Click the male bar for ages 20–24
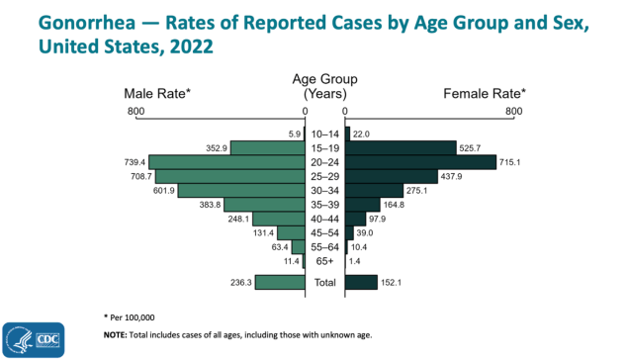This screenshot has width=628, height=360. tap(227, 162)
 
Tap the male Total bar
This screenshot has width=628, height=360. tap(280, 283)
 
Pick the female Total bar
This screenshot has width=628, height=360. tap(361, 283)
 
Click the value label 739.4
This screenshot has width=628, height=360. tap(134, 162)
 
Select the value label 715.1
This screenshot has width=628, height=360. tap(514, 162)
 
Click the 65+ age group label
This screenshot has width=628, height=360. tap(324, 261)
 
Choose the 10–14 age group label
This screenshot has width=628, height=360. tap(324, 134)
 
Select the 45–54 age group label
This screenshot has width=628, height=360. tap(324, 233)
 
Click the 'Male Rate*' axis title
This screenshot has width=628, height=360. tap(157, 93)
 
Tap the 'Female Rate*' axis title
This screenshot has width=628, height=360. tap(483, 93)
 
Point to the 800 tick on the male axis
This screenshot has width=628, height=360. tap(135, 112)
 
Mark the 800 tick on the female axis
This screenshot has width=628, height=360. tap(513, 112)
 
